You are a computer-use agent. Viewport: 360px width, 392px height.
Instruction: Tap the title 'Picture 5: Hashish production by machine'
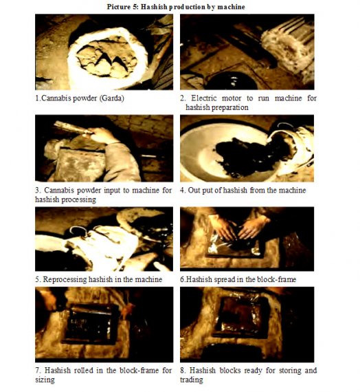[176, 7]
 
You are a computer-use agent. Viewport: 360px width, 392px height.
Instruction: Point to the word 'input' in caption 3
[113, 190]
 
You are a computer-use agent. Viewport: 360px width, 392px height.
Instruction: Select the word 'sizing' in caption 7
[45, 380]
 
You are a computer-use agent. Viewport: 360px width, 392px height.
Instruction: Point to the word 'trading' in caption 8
[192, 380]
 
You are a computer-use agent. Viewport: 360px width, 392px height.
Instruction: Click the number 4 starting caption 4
[182, 190]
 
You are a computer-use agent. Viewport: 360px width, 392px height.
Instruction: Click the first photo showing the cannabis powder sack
[104, 52]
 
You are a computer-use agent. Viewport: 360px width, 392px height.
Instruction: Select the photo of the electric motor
[247, 52]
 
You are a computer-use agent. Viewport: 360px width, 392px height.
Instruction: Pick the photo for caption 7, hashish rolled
[104, 325]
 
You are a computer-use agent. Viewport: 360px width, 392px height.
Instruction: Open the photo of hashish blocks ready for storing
[247, 325]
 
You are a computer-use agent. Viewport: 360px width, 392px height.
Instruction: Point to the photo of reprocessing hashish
[104, 239]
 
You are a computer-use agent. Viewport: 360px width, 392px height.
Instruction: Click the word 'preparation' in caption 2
[230, 108]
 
